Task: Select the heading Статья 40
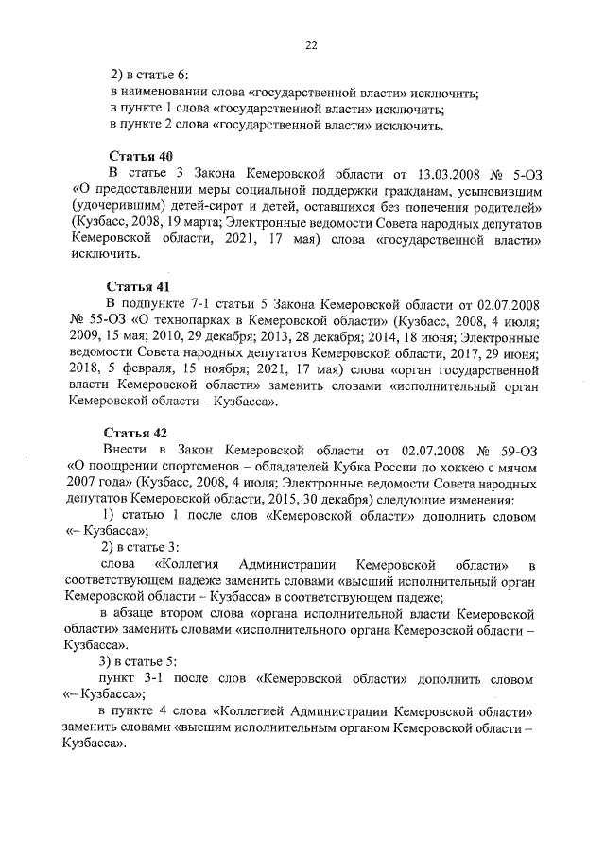141,155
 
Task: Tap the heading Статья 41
141,285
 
